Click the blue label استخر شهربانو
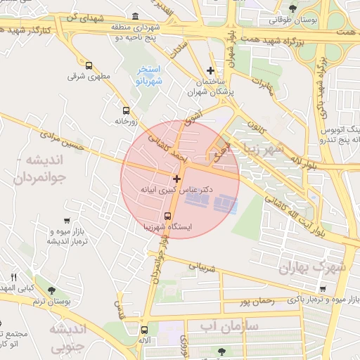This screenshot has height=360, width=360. pyautogui.click(x=149, y=75)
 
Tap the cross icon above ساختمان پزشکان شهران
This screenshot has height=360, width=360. pyautogui.click(x=210, y=70)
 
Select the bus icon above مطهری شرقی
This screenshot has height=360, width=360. pyautogui.click(x=88, y=65)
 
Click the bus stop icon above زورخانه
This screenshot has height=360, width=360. pyautogui.click(x=126, y=110)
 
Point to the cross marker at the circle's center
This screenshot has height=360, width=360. pyautogui.click(x=176, y=179)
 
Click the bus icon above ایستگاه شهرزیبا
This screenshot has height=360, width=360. pyautogui.click(x=167, y=216)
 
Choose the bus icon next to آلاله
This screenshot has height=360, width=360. pyautogui.click(x=144, y=329)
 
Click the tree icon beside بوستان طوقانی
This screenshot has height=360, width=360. pyautogui.click(x=292, y=8)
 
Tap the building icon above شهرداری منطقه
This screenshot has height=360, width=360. pyautogui.click(x=135, y=17)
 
